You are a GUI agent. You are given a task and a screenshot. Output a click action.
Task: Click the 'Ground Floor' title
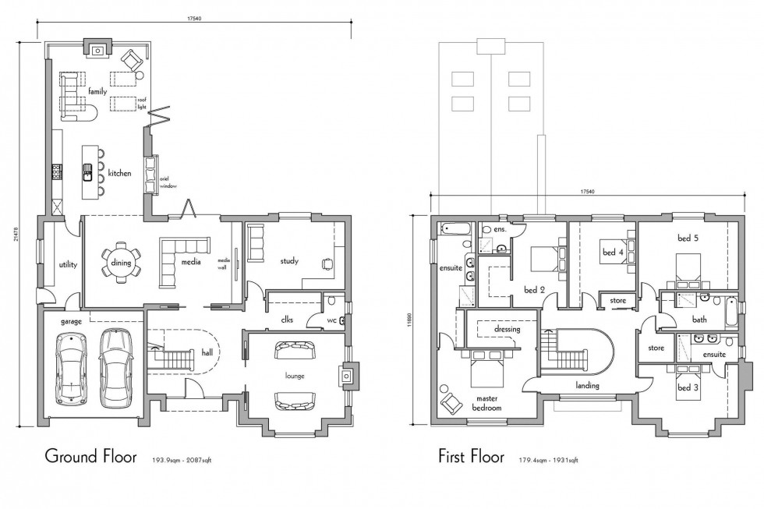tap(91, 455)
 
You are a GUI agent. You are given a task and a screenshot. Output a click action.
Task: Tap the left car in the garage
tap(71, 367)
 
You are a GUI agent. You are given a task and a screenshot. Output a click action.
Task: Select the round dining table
tap(121, 263)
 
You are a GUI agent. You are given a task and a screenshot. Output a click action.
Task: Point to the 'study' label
tap(290, 261)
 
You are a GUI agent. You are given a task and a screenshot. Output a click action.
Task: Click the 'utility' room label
tap(68, 265)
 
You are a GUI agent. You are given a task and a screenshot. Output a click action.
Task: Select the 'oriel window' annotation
tap(169, 184)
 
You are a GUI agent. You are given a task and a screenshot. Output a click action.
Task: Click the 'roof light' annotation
tap(142, 103)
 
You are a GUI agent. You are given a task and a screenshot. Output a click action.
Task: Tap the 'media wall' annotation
tap(223, 265)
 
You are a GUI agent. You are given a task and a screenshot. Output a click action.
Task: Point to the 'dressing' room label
tap(507, 330)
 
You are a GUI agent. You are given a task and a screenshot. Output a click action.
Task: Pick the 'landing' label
tap(587, 385)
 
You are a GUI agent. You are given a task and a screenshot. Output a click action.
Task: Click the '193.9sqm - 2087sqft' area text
tap(182, 461)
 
